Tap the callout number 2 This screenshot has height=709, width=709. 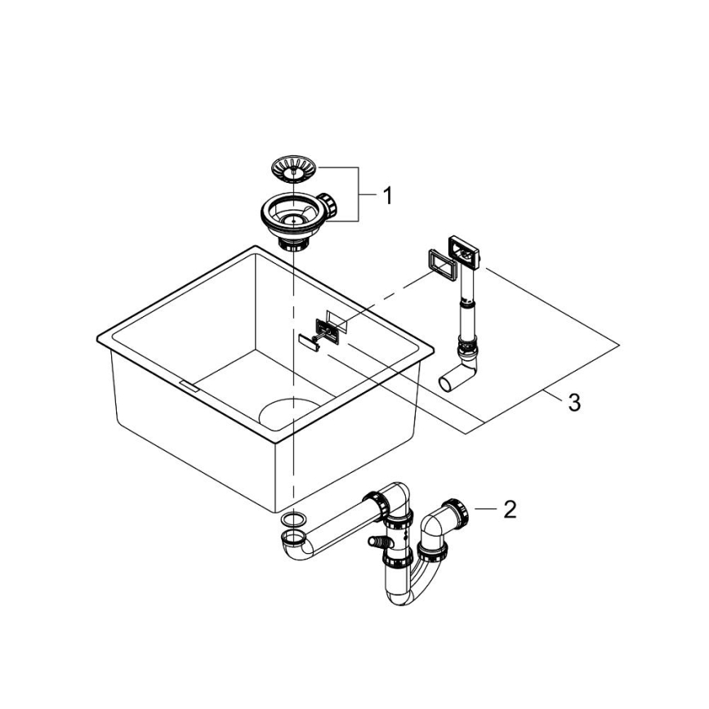point(509,510)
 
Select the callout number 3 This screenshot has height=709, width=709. point(574,402)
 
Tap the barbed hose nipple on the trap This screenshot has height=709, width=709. point(377,540)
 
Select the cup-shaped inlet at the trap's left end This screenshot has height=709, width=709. point(292,538)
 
